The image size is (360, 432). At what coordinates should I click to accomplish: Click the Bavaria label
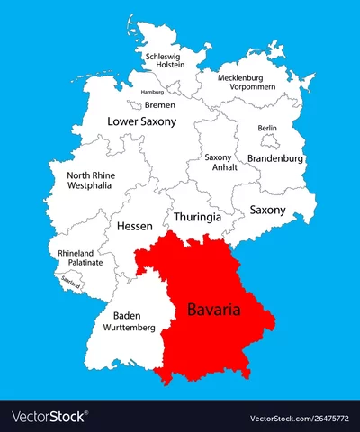click(x=215, y=310)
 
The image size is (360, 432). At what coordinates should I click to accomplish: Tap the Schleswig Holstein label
click(x=163, y=59)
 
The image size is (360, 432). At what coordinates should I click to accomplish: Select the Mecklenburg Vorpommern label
click(x=251, y=83)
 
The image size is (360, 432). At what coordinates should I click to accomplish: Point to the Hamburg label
click(x=152, y=92)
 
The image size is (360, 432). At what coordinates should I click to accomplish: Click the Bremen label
click(x=160, y=104)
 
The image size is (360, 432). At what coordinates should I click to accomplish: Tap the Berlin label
click(x=267, y=129)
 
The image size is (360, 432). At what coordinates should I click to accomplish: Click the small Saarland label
click(x=71, y=281)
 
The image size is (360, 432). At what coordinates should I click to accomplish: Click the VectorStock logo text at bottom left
click(x=50, y=417)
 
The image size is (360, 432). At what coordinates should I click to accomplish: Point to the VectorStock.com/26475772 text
click(x=300, y=417)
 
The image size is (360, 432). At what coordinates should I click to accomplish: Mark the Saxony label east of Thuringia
click(x=267, y=210)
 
